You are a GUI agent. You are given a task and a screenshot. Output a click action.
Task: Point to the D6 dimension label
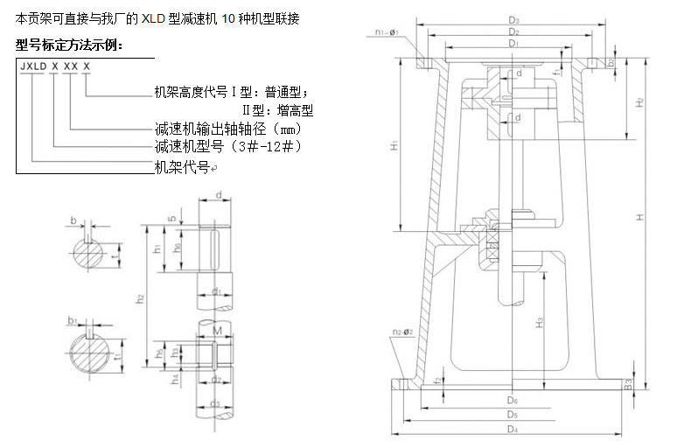[513, 399]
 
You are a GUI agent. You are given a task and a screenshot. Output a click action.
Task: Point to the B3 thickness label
[627, 382]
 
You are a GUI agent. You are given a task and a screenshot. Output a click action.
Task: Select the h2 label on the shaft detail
[140, 298]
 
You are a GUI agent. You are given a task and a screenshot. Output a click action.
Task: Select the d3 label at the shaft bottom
[216, 403]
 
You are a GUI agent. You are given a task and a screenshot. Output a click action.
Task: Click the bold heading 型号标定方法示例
[70, 45]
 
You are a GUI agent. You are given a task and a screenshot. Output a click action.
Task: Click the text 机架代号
[181, 165]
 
